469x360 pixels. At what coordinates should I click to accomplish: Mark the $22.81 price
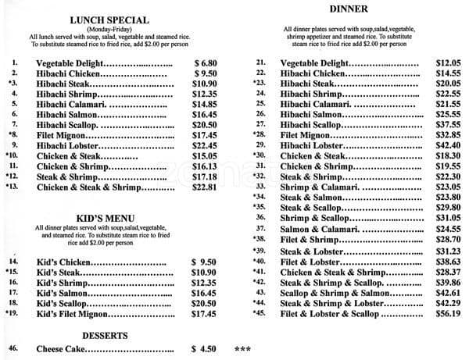tap(206, 187)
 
